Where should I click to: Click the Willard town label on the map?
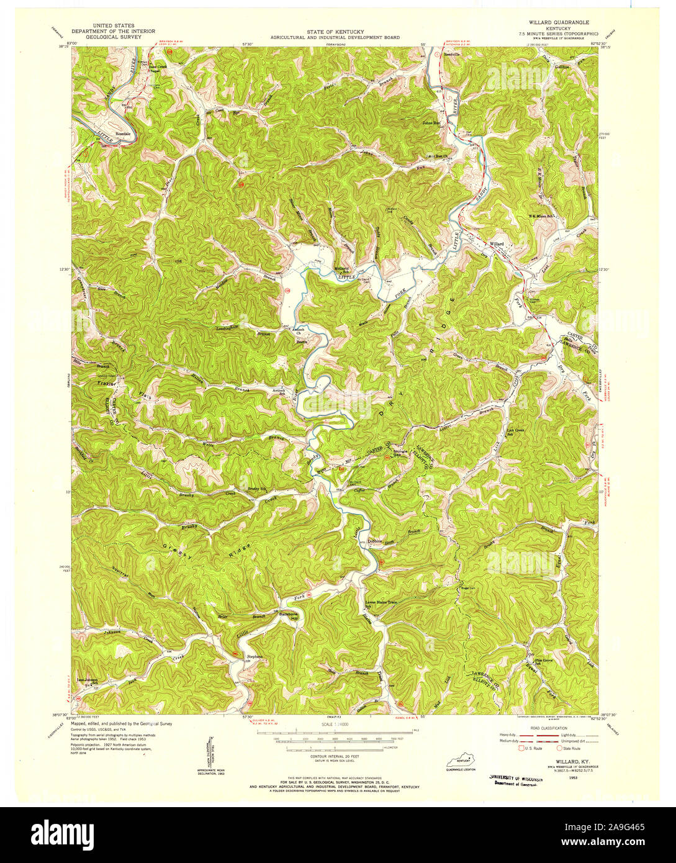click(x=497, y=245)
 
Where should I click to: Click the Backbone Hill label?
click(x=290, y=617)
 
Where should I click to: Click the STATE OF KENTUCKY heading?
click(x=335, y=32)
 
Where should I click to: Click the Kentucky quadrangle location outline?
click(x=461, y=761)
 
